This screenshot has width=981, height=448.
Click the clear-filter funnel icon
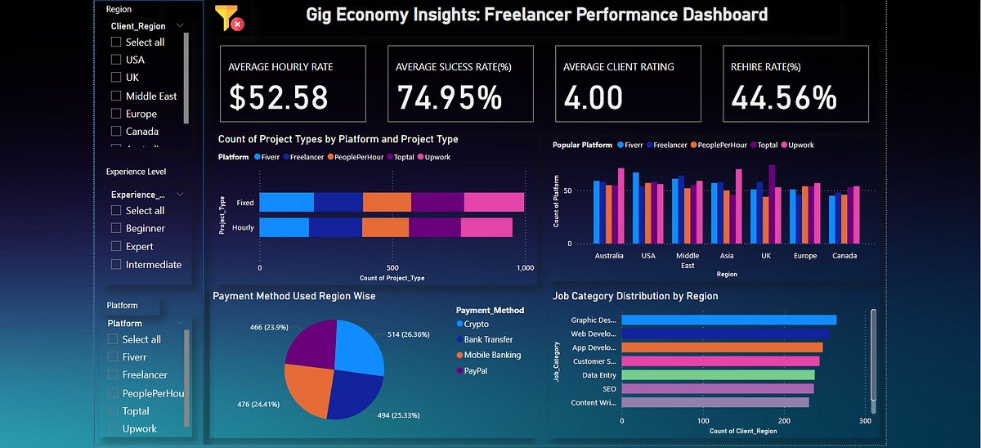coord(228,17)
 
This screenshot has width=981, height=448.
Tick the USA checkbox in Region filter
coord(116,60)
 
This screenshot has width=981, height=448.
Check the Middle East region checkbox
coord(116,96)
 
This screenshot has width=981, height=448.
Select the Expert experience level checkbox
coord(116,246)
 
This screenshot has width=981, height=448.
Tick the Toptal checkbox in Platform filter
coord(113,411)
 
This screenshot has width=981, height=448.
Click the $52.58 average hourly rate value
coord(278,98)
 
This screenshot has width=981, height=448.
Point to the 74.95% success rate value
coord(450,98)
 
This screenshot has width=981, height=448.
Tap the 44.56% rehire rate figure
coord(783,98)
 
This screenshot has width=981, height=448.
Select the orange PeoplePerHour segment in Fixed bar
coord(387,202)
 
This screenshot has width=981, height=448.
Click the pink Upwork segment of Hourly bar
coord(486,227)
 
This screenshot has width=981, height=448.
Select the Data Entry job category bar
coord(718,374)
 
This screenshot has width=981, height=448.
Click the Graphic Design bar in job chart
coord(728,320)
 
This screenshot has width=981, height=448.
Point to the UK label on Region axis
coord(766,255)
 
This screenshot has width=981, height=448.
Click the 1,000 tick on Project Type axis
coord(526,267)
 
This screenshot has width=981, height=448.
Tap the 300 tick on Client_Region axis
coord(866,420)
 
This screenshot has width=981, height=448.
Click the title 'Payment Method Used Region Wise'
coord(293,296)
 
